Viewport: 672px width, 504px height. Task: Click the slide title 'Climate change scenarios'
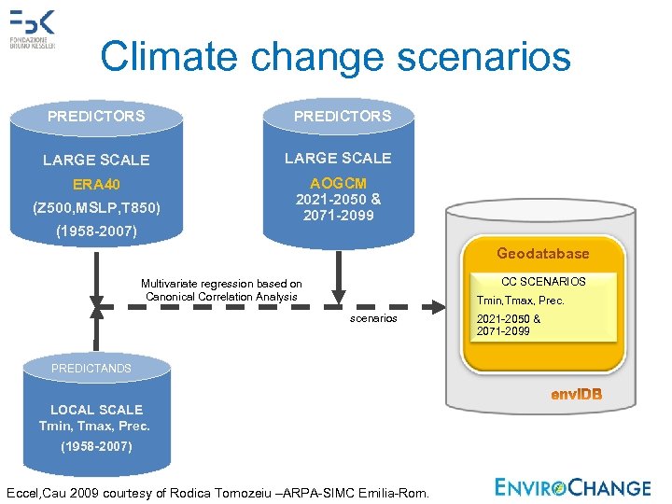click(335, 56)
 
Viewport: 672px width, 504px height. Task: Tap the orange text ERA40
click(96, 184)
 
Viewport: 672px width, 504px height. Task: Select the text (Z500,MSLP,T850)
click(96, 206)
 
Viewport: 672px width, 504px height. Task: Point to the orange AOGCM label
click(338, 184)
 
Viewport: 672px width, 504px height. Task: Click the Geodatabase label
click(542, 254)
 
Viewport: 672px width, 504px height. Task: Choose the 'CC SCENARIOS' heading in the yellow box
click(543, 281)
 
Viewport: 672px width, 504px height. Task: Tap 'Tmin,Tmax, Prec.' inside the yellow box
click(520, 301)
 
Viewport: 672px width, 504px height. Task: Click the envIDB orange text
click(576, 395)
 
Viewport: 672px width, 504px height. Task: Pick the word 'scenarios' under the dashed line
click(373, 318)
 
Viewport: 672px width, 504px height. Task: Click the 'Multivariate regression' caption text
click(221, 289)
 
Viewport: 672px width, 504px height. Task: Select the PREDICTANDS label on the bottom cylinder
click(91, 369)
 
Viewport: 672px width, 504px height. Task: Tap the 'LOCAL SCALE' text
click(96, 410)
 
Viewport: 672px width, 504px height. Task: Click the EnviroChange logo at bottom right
click(572, 487)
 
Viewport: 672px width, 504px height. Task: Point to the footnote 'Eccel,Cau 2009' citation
click(217, 492)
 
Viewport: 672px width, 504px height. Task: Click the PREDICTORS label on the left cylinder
click(96, 117)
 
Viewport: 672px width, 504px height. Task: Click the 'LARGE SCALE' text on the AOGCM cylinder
click(338, 158)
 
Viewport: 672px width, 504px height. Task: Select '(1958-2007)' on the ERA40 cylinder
click(96, 231)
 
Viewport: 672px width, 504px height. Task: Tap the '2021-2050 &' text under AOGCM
click(338, 200)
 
